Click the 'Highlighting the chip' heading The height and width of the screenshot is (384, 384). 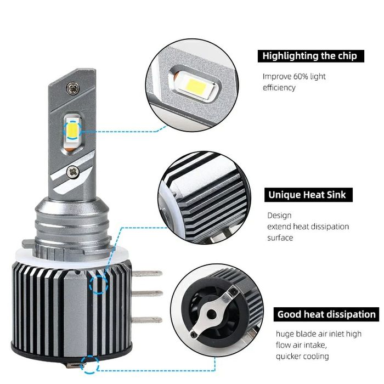pyautogui.click(x=309, y=56)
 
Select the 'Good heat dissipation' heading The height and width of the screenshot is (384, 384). pyautogui.click(x=326, y=314)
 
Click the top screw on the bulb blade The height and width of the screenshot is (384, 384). pyautogui.click(x=72, y=87)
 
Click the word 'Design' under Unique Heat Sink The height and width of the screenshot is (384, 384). pyautogui.click(x=279, y=216)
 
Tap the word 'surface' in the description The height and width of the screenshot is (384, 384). pyautogui.click(x=280, y=238)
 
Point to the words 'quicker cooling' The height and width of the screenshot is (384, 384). pyautogui.click(x=303, y=356)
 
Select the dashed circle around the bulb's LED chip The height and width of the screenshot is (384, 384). pyautogui.click(x=73, y=129)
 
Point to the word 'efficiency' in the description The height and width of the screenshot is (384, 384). pyautogui.click(x=279, y=87)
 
